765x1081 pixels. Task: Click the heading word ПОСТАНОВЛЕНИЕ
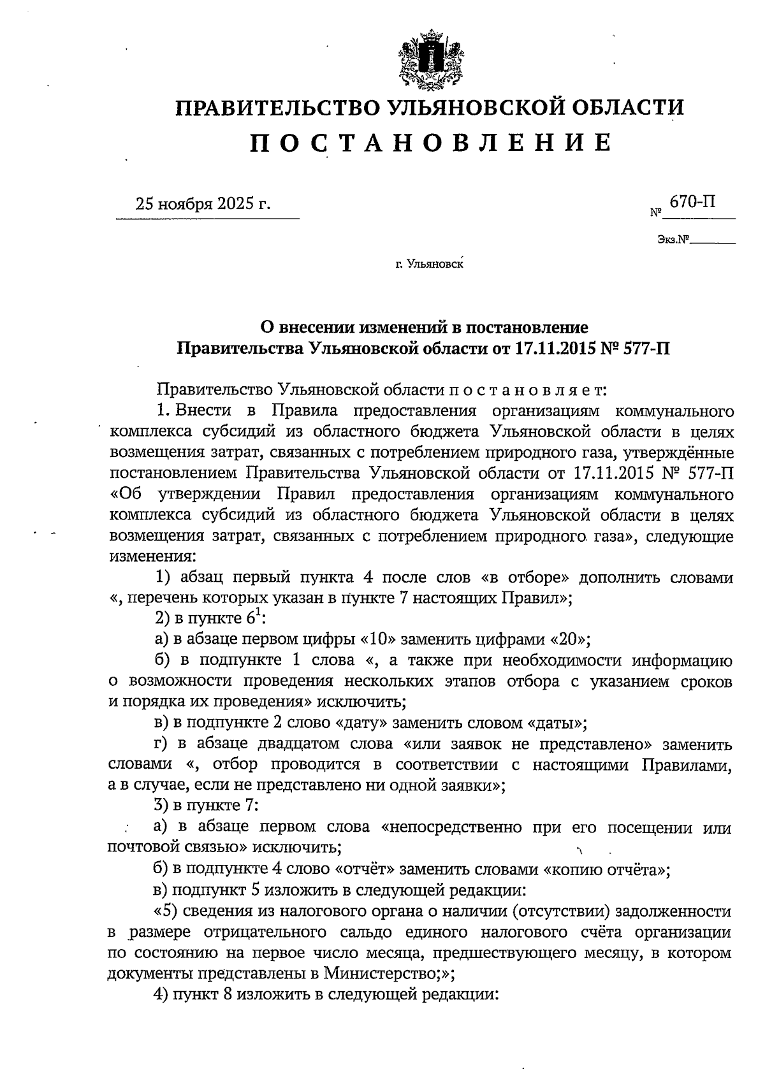tap(430, 143)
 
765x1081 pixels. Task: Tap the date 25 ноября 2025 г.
tap(203, 205)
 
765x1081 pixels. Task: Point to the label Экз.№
tap(674, 240)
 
